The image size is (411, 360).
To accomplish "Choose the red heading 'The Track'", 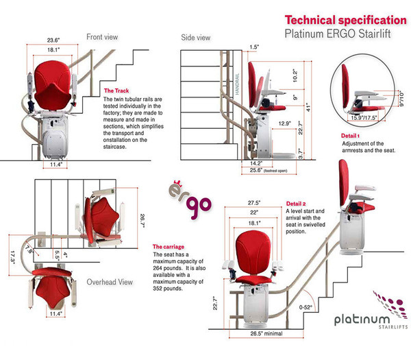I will [118, 91].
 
